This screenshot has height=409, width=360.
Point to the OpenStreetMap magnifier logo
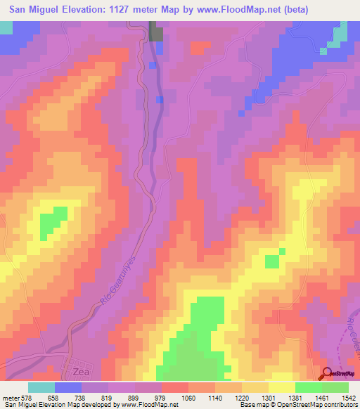pyautogui.click(x=328, y=374)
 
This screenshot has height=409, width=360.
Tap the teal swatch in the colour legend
pyautogui.click(x=41, y=387)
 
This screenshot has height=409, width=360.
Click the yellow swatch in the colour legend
pyautogui.click(x=281, y=387)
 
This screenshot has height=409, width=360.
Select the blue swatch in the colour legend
pyautogui.click(x=67, y=387)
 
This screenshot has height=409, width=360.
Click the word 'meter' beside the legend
pyautogui.click(x=10, y=398)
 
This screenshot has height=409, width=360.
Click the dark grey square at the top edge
pyautogui.click(x=156, y=32)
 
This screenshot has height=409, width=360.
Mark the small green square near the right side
pyautogui.click(x=271, y=261)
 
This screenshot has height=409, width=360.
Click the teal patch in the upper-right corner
pyautogui.click(x=340, y=32)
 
